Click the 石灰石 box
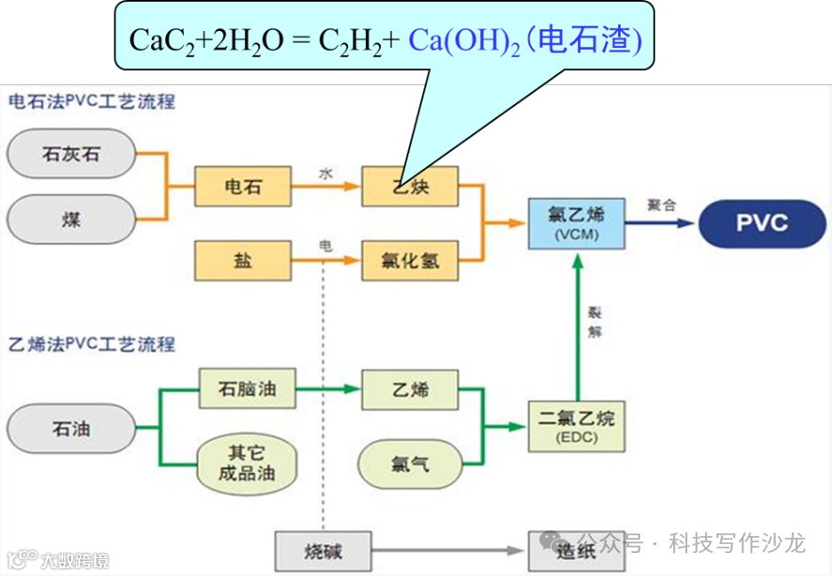[71, 154]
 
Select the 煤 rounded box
[71, 218]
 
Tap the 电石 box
[242, 187]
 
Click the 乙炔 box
[409, 187]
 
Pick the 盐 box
[242, 261]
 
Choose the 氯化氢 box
[409, 261]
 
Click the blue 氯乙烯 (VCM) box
[577, 221]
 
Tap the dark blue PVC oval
[762, 222]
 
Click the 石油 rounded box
[71, 429]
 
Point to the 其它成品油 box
[246, 462]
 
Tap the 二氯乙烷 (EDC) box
[577, 425]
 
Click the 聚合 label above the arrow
[662, 205]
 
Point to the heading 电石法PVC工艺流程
[91, 101]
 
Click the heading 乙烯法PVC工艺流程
[91, 343]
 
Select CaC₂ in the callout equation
[154, 41]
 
